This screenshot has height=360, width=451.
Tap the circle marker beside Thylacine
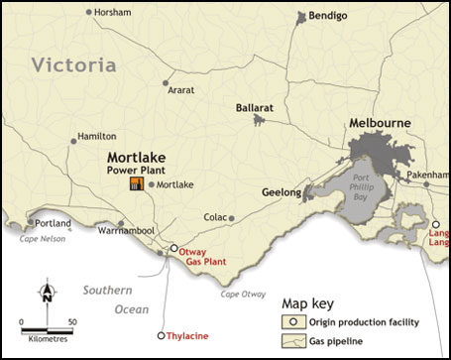(162, 335)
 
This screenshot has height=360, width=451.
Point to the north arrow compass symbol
(47, 295)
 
